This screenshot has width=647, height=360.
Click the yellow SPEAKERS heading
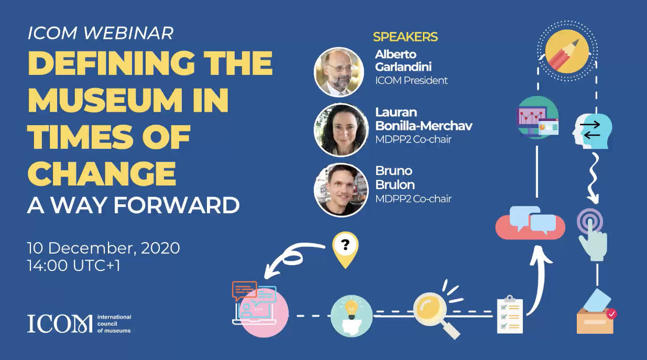tap(405, 37)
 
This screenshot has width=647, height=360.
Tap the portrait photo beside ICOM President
tap(339, 72)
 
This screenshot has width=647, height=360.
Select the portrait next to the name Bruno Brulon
tap(341, 190)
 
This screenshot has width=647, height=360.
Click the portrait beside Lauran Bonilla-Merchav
tap(341, 130)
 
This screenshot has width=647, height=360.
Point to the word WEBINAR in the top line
tap(129, 33)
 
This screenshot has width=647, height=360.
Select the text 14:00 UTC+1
tap(73, 266)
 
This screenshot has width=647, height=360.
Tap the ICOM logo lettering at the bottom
tap(60, 324)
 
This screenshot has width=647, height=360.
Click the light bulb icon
tap(351, 316)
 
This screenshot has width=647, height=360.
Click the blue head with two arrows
tap(592, 131)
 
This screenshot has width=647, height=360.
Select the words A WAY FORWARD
tap(134, 205)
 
